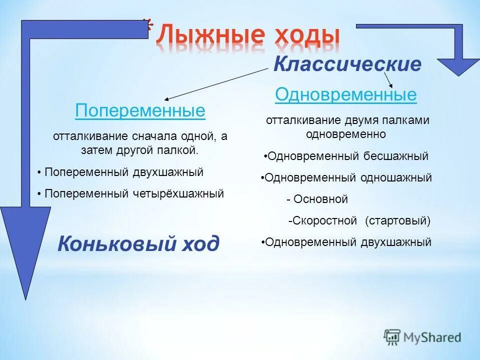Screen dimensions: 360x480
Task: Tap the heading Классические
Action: (347, 64)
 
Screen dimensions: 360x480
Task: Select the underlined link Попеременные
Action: (140, 110)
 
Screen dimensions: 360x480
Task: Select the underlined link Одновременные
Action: (345, 94)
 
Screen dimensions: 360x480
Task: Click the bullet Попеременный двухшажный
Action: (123, 172)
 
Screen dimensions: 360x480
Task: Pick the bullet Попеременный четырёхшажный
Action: (133, 193)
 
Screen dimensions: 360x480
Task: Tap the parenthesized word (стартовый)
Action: (397, 220)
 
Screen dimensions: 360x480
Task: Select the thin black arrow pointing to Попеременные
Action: (215, 84)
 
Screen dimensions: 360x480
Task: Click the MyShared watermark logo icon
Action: (392, 336)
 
